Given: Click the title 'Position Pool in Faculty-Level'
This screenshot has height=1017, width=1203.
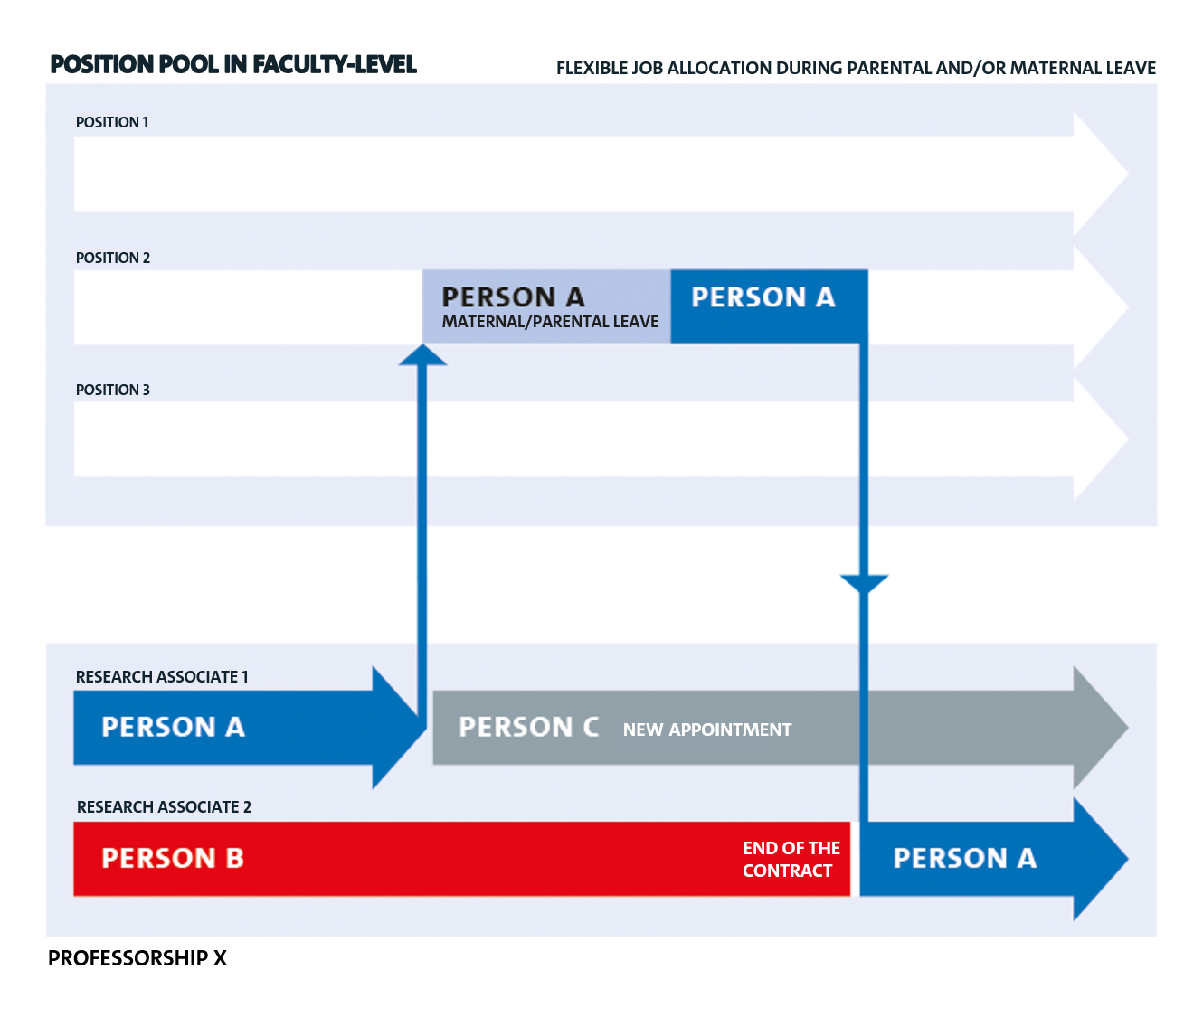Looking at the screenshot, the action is pos(233,64).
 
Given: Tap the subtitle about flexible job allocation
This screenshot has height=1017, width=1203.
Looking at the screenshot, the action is pos(856,68).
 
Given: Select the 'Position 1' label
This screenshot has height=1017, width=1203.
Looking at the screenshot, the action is pos(112,122).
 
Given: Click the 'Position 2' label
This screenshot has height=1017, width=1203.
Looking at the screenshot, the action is pos(113,258).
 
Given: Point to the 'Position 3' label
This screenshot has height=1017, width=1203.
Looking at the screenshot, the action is pos(113,390).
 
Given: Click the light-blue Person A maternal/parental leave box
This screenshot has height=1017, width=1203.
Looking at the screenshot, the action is pos(546,306).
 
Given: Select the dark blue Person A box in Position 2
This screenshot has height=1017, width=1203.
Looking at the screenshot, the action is pos(770,306).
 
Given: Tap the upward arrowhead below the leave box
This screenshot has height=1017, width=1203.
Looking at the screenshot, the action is pos(423,355).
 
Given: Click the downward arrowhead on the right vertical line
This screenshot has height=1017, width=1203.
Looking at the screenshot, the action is pos(865,584).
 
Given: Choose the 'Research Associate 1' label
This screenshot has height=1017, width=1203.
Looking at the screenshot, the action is pos(162,676).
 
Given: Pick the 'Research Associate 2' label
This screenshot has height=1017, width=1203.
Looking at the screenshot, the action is pos(164,807).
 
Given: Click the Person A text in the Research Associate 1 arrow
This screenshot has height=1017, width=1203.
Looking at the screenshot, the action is pos(173,727).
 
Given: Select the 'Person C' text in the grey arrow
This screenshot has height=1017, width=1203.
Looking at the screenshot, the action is pos(528,727).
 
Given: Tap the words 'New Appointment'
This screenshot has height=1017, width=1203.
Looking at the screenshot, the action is pos(707,730).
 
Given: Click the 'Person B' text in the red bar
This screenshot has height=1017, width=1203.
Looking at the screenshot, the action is pos(172,858).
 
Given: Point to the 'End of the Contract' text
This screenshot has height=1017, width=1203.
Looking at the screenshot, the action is pos(791,859).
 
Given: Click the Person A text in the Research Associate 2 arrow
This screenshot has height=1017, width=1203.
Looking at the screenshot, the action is pos(964,858).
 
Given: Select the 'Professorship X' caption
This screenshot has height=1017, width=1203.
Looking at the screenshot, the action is pos(137,958).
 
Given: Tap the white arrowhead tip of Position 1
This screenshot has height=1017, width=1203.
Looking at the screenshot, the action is pos(1128,174).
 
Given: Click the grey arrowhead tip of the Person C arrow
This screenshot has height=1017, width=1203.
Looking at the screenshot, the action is pos(1128,727).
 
